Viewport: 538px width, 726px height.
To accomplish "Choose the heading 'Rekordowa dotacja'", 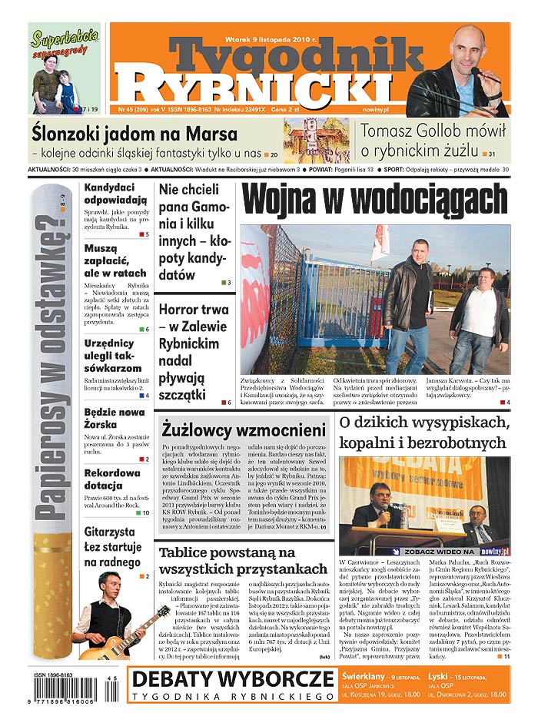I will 113,479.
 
